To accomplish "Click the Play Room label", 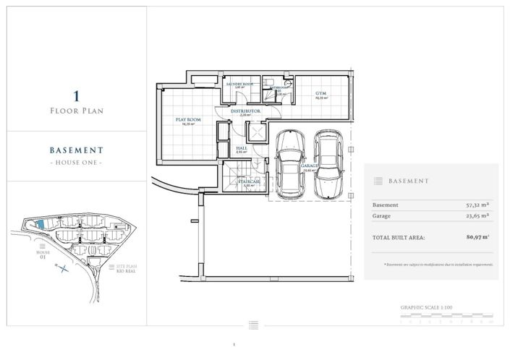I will coord(187,119).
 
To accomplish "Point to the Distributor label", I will coord(245,112).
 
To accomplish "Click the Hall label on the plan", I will coord(242,148).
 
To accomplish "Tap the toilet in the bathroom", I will coord(287,84).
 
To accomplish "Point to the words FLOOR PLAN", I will coord(76,111).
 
